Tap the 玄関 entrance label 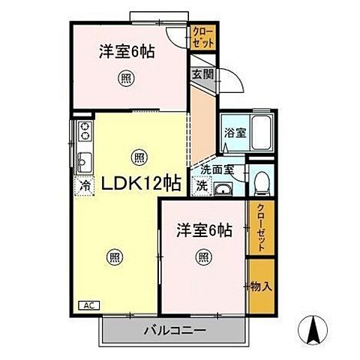[x=201, y=74]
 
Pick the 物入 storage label [x=260, y=286]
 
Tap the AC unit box [x=88, y=306]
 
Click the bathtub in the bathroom [x=260, y=134]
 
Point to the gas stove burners [x=83, y=133]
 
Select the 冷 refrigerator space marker [x=85, y=184]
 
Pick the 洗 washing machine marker [x=202, y=185]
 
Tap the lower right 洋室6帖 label [x=203, y=229]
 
